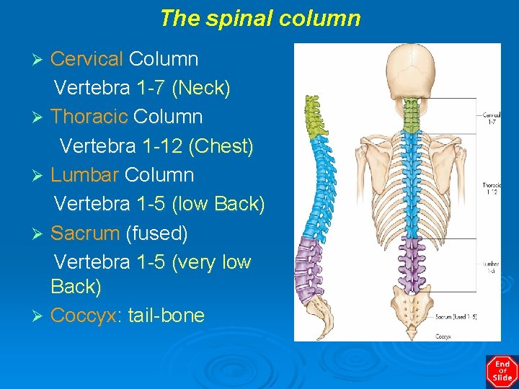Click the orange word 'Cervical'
(87, 58)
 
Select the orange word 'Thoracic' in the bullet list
(90, 117)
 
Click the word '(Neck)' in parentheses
(201, 88)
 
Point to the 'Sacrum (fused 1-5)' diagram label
(456, 316)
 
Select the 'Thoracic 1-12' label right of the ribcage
(491, 189)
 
